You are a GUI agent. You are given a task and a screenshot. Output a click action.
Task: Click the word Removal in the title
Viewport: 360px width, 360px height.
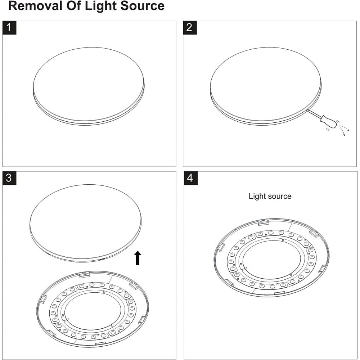(35, 6)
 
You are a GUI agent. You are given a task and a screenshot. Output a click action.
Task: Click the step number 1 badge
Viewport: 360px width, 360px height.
(9, 28)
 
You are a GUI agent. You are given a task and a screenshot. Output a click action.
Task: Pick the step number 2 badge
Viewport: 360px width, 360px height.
(190, 28)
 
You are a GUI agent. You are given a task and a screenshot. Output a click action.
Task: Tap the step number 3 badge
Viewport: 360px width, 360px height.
(9, 178)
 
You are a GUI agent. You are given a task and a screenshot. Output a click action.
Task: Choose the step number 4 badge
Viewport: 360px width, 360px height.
(190, 178)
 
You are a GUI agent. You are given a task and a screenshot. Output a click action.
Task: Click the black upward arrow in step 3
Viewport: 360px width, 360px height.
(138, 258)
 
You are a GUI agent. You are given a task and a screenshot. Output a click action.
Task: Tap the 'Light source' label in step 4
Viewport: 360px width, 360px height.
(270, 196)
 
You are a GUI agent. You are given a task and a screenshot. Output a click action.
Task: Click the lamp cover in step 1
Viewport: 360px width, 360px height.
(89, 85)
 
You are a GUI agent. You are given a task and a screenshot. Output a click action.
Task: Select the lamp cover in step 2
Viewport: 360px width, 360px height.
(265, 85)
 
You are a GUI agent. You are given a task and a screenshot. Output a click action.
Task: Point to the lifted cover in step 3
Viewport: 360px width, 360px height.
(86, 221)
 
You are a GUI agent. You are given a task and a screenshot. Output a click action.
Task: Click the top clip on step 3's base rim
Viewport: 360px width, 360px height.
(84, 275)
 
